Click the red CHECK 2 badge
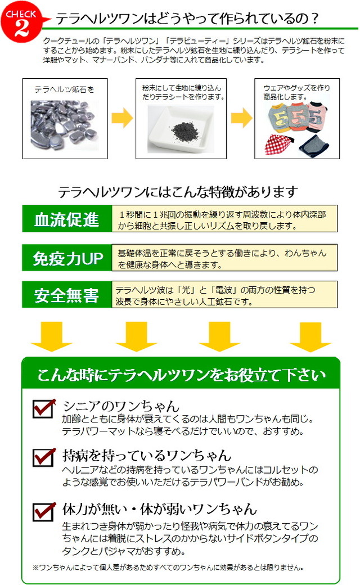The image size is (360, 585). pos(21,21)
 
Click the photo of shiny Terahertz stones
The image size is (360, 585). pos(65,125)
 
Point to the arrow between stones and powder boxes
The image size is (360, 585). pos(122,118)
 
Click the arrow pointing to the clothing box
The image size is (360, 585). pos(241,118)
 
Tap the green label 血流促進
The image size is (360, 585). pos(67,219)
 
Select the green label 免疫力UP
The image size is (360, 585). pos(67,258)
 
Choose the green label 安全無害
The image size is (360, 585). pos(67,295)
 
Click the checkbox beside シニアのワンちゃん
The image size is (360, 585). pos(44,408)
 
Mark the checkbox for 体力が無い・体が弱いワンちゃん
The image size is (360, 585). pos(44,511)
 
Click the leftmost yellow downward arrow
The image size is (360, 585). pos(51,336)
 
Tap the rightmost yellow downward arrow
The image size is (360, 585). pos(310,336)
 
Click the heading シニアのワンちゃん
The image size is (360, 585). pos(121,406)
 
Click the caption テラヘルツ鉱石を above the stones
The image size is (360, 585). pos(64,89)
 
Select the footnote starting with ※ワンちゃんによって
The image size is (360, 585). pos(168,568)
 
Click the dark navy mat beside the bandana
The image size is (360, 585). pos(314,145)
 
